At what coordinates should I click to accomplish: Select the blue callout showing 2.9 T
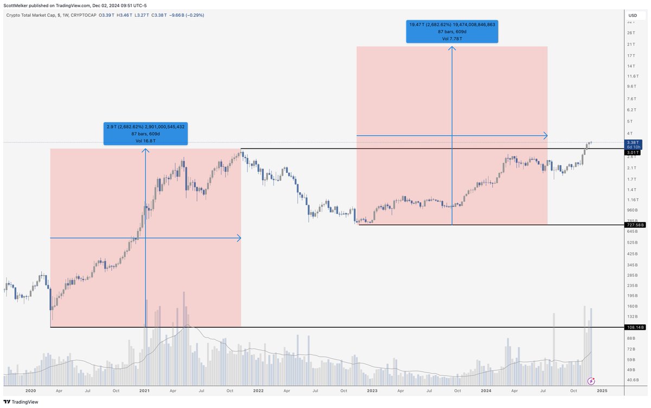pyautogui.click(x=145, y=133)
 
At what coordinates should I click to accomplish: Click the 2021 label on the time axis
pyautogui.click(x=145, y=390)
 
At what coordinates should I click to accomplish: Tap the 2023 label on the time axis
pyautogui.click(x=372, y=390)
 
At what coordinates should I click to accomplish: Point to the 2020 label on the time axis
pyautogui.click(x=31, y=390)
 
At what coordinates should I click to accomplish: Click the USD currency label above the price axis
pyautogui.click(x=633, y=15)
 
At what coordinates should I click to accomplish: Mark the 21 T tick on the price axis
pyautogui.click(x=630, y=44)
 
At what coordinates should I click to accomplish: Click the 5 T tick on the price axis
pyautogui.click(x=630, y=121)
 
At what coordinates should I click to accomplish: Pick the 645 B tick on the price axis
pyautogui.click(x=632, y=231)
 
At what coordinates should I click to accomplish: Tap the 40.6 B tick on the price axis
pyautogui.click(x=633, y=380)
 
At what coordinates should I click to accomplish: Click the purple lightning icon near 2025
pyautogui.click(x=592, y=381)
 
